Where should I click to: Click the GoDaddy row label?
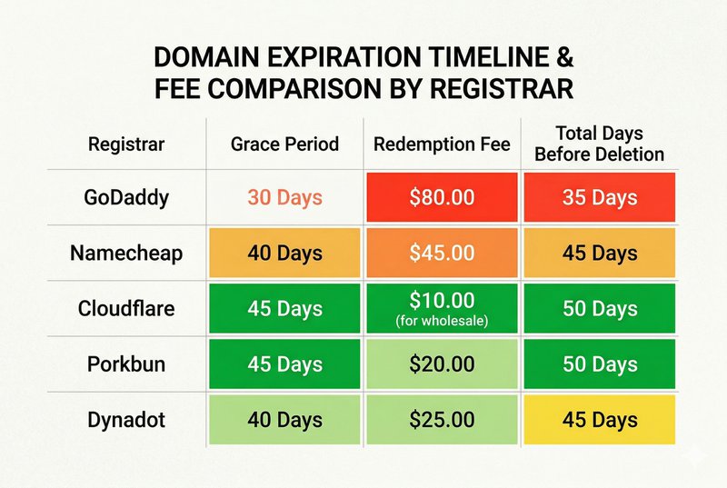point(126,198)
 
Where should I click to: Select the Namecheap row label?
point(126,254)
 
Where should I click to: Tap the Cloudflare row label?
point(126,309)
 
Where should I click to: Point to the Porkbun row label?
point(126,364)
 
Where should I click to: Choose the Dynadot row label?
point(126,420)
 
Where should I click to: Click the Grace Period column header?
point(284,144)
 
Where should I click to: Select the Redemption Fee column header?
point(442,144)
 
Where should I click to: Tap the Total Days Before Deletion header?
point(600,144)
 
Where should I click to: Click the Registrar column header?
point(126,144)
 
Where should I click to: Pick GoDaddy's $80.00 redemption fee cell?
point(442,197)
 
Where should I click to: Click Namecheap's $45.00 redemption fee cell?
point(442,253)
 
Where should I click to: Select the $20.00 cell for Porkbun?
point(442,364)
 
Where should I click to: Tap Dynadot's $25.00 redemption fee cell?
point(442,420)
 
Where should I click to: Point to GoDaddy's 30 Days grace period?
point(284,198)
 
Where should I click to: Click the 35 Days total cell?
point(600,197)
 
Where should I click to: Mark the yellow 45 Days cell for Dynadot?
point(600,420)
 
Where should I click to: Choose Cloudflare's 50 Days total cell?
point(600,309)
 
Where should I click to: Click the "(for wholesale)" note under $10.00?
point(442,321)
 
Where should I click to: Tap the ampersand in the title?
point(563,57)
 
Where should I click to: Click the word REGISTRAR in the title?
point(502,88)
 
